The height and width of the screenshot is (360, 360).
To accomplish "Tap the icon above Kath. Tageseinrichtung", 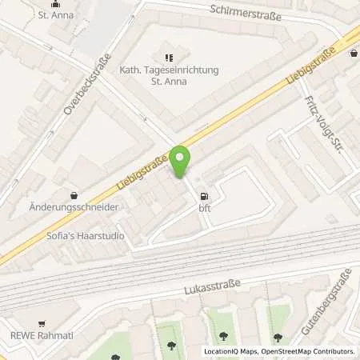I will pyautogui.click(x=168, y=57).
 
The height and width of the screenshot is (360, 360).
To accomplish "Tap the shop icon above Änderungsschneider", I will pyautogui.click(x=74, y=194).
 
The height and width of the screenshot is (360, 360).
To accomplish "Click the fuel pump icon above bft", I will pyautogui.click(x=204, y=195).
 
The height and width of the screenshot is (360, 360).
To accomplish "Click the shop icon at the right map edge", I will pyautogui.click(x=354, y=54).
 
